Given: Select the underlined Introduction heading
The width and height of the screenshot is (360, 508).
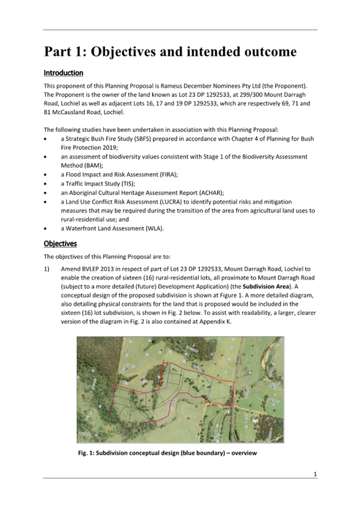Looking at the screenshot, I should coord(63,72).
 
